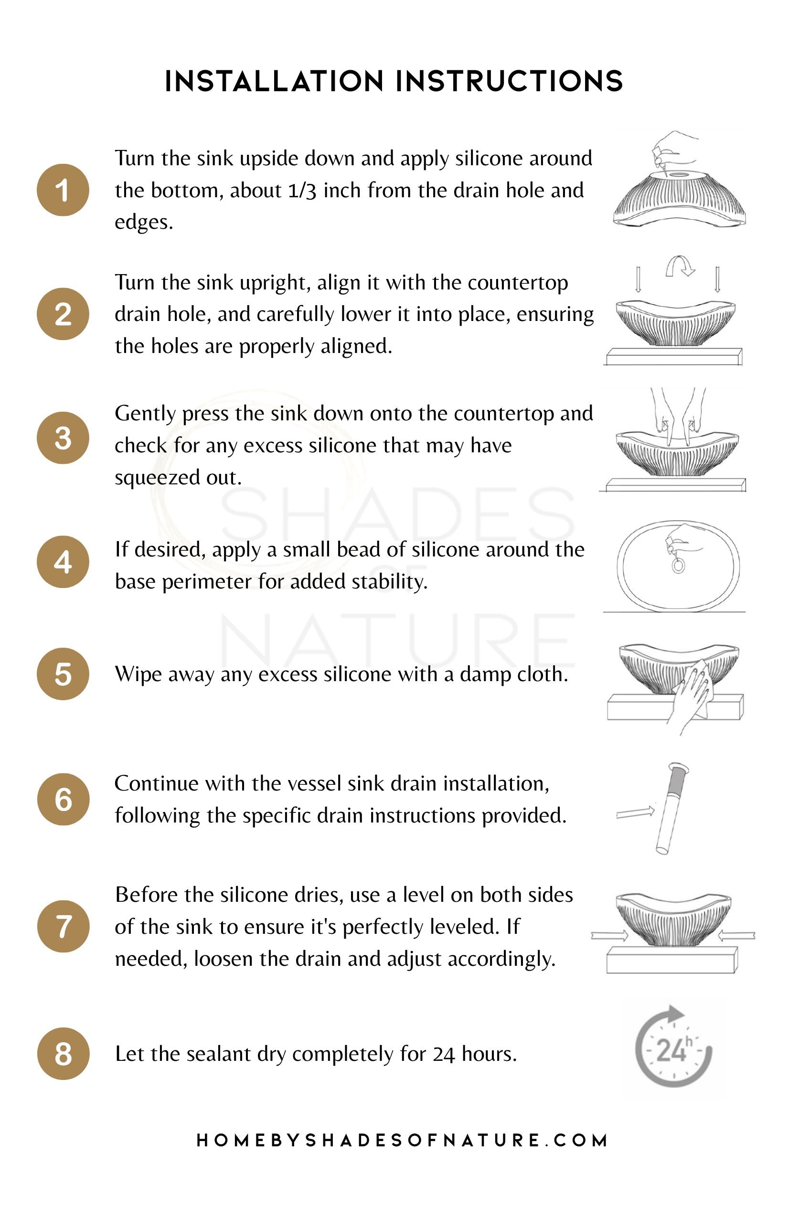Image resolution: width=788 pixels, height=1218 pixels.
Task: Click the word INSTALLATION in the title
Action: [x=274, y=81]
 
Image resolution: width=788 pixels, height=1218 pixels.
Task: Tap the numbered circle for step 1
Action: [x=63, y=190]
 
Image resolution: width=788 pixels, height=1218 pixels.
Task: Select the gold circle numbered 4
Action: [x=63, y=562]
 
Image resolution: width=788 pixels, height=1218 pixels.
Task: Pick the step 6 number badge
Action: [x=64, y=799]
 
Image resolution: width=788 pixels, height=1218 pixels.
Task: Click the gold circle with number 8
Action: [x=64, y=1054]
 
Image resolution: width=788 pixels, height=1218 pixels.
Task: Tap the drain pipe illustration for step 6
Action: [x=672, y=808]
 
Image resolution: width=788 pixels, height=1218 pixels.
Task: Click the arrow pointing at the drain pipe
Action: [x=636, y=812]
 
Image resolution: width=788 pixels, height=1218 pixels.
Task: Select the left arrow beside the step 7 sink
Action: [x=609, y=936]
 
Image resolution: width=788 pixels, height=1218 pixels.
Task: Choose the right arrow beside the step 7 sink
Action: [x=736, y=936]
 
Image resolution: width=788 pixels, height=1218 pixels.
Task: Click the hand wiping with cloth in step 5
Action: [x=691, y=696]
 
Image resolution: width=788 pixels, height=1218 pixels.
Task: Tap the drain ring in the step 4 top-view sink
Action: [x=679, y=566]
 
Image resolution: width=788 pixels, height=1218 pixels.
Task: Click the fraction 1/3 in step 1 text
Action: [x=302, y=191]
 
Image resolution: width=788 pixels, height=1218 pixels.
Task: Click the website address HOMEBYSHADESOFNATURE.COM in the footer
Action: [x=402, y=1140]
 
